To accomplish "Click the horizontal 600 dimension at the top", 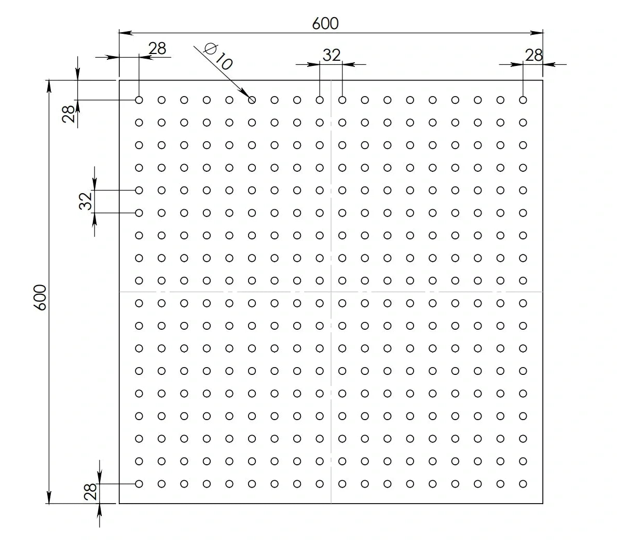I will (325, 23).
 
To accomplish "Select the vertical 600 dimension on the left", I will (41, 297).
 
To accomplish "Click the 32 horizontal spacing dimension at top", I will (331, 55).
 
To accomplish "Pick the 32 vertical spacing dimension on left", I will (86, 201).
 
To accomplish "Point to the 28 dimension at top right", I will (533, 55).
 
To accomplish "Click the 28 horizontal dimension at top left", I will (157, 48).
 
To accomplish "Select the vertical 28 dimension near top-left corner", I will (69, 113).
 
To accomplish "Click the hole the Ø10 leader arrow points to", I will (252, 100).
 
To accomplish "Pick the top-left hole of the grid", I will (139, 100).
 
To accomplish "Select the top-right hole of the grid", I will (523, 100).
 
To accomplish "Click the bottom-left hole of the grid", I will (139, 483).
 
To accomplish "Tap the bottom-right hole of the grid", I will (523, 483).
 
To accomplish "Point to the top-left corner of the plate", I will (119, 80).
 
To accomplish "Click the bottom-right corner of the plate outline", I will (543, 503).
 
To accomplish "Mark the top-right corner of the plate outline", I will (543, 80).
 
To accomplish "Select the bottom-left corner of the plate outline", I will (119, 503).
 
